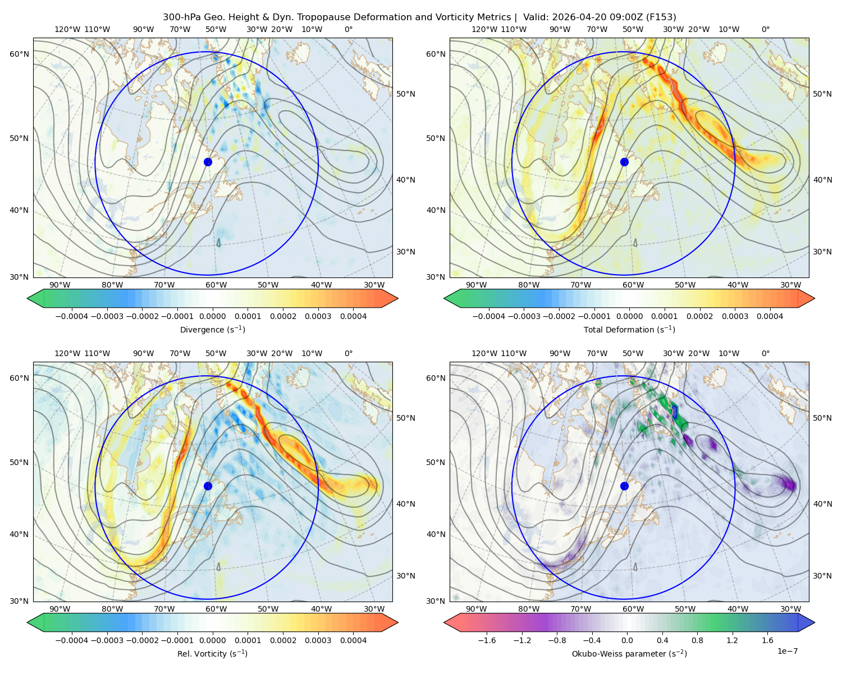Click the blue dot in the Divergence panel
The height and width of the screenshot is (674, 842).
pyautogui.click(x=208, y=162)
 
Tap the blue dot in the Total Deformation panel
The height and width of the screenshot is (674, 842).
pyautogui.click(x=624, y=162)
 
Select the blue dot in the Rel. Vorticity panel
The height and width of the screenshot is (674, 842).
pyautogui.click(x=208, y=486)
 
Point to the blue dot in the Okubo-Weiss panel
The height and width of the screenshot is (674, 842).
pyautogui.click(x=624, y=486)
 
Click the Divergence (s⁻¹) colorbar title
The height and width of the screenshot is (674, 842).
pyautogui.click(x=212, y=329)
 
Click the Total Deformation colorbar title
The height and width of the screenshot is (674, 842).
pyautogui.click(x=629, y=329)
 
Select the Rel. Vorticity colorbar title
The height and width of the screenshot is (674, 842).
pyautogui.click(x=212, y=653)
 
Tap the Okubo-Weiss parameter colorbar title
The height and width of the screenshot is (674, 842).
pyautogui.click(x=629, y=653)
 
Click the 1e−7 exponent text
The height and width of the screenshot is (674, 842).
pyautogui.click(x=787, y=651)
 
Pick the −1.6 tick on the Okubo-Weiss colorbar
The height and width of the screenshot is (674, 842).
pyautogui.click(x=487, y=640)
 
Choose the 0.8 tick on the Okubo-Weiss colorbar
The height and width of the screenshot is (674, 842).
pyautogui.click(x=697, y=640)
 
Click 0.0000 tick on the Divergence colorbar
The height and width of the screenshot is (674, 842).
pyautogui.click(x=212, y=316)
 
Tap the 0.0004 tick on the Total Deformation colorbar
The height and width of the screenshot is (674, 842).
pyautogui.click(x=770, y=316)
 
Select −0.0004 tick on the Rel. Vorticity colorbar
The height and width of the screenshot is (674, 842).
pyautogui.click(x=72, y=640)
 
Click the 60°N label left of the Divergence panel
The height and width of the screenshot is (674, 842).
pyautogui.click(x=19, y=54)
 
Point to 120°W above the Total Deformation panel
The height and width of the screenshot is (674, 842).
pyautogui.click(x=484, y=29)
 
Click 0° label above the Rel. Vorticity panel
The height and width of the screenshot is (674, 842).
pyautogui.click(x=349, y=353)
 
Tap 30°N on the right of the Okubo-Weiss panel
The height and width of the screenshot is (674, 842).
pyautogui.click(x=822, y=575)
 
